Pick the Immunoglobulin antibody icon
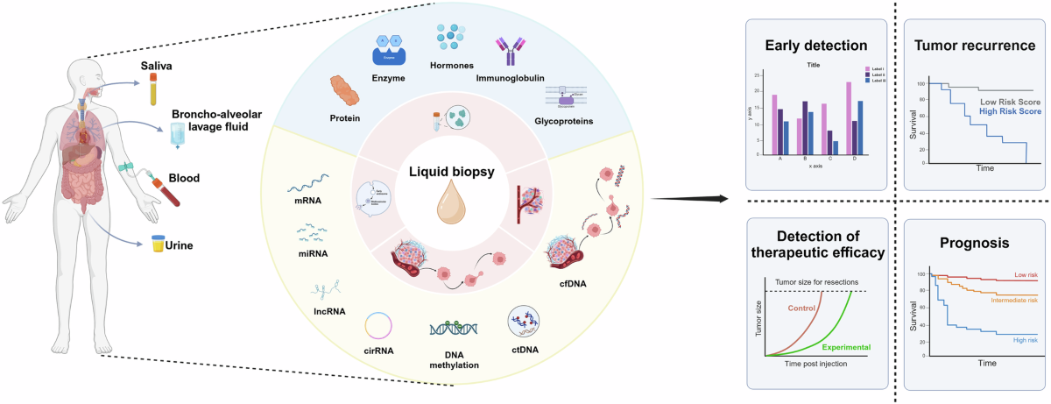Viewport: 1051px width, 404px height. (x=510, y=52)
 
